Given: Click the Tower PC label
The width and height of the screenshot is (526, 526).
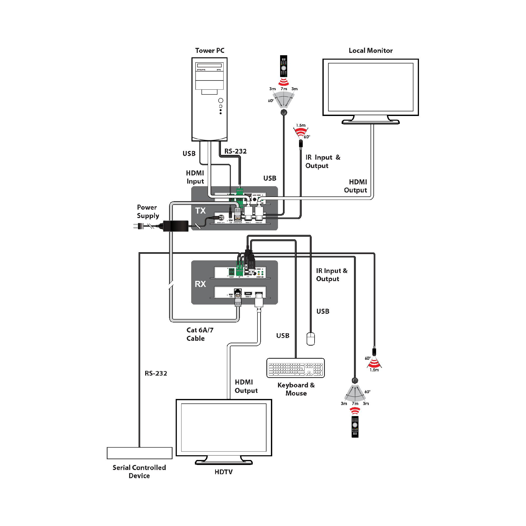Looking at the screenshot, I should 210,51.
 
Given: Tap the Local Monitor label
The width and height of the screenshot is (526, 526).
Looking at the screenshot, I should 371,51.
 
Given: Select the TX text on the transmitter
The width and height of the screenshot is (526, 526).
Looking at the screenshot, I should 200,211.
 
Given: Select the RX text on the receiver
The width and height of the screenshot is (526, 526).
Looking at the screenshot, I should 200,284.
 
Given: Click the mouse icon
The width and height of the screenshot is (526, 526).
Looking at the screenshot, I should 311,339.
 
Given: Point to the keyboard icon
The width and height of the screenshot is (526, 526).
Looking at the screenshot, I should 296,368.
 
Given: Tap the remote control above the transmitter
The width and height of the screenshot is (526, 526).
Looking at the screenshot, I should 284,66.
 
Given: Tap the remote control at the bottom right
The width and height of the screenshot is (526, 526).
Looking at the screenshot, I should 355,427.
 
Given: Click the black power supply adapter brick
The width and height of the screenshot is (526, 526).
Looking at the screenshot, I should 176,226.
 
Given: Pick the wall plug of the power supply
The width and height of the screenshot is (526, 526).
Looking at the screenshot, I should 138,226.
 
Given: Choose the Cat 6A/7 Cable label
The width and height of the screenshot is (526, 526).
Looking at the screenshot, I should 200,334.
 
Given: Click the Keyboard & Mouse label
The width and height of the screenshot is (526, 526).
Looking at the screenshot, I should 296,389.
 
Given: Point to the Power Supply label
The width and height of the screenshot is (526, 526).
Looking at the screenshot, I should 148,211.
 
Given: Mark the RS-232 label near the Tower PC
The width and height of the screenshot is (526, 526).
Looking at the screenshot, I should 235,151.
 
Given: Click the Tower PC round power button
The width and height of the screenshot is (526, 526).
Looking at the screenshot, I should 221,101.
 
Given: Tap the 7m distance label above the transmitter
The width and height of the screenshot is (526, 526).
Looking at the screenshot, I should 284,89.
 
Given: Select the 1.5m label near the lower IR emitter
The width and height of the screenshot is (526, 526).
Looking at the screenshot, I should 374,370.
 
